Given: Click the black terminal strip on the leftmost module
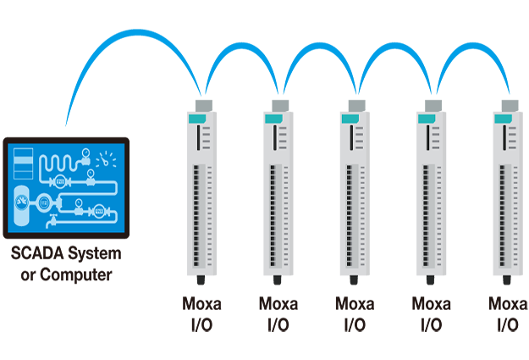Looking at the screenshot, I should point(197,215).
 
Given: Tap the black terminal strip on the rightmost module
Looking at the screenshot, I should point(502,215).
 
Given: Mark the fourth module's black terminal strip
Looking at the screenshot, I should point(426,215).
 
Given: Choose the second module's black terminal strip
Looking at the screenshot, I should point(273,215).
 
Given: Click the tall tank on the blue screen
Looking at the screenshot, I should point(20,203).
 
